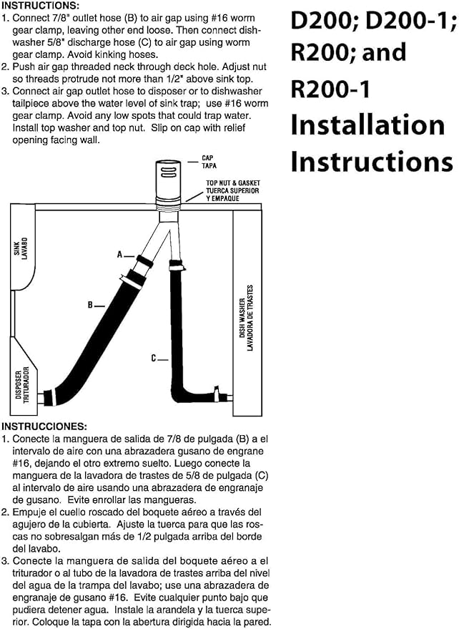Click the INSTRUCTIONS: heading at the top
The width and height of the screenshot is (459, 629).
click(41, 6)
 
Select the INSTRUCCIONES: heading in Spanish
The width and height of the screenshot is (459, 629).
click(44, 426)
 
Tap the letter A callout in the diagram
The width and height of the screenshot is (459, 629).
click(120, 254)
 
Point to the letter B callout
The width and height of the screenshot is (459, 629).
click(90, 306)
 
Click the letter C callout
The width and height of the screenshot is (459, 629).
click(154, 359)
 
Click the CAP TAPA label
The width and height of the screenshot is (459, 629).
click(209, 162)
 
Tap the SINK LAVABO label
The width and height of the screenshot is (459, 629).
click(21, 247)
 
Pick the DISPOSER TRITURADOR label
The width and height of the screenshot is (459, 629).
click(22, 384)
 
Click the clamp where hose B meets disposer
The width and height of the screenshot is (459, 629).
click(49, 398)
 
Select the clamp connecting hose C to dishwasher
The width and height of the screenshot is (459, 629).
click(217, 394)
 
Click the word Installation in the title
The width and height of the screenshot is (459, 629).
click(367, 125)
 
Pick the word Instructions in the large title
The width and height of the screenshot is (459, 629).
click(372, 161)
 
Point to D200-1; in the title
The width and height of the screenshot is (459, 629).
click(411, 21)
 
